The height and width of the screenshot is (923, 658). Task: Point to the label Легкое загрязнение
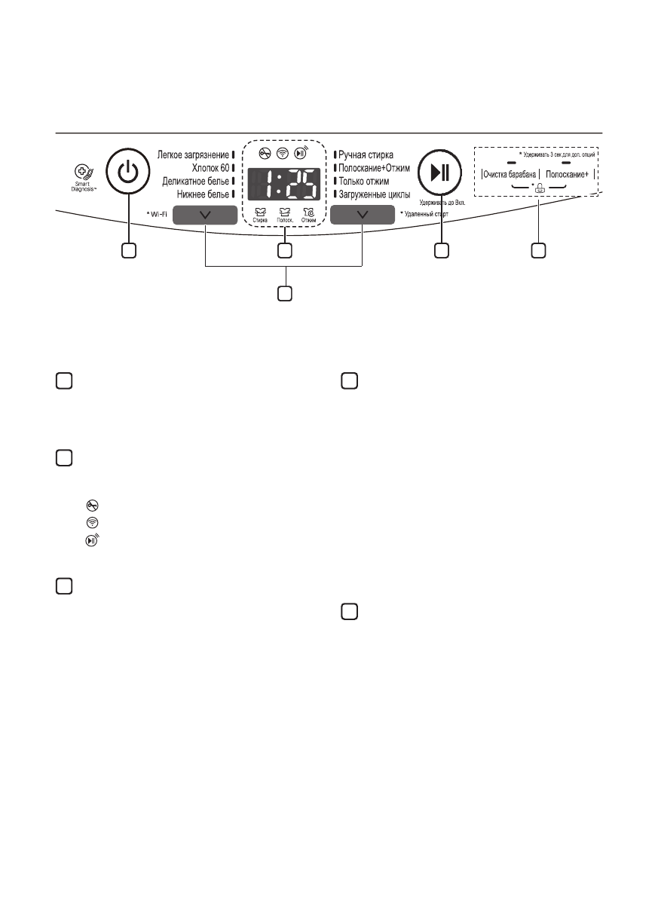click(x=193, y=154)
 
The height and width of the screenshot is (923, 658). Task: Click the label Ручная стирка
click(x=366, y=154)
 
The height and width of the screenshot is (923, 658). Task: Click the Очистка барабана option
click(x=510, y=174)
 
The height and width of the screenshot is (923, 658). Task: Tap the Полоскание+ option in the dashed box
click(x=568, y=174)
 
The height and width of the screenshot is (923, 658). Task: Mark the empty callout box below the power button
click(x=129, y=250)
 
